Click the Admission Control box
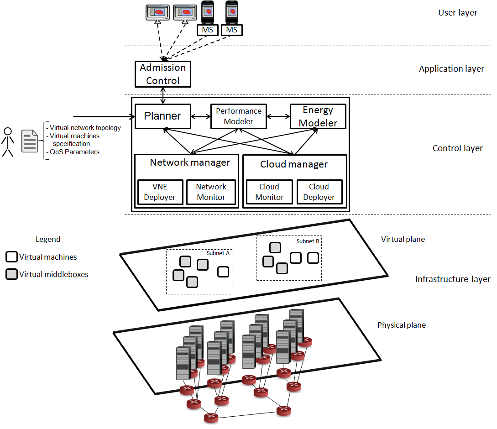tap(163, 74)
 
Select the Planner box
tap(162, 116)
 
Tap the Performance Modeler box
tap(239, 116)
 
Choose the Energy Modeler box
tap(318, 116)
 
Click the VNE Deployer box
tap(160, 192)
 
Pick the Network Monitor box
tap(211, 192)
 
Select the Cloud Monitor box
tap(269, 192)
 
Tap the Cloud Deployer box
tap(319, 192)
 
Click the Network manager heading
tap(190, 162)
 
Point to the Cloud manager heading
tap(294, 164)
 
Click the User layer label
tap(458, 13)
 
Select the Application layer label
tap(451, 69)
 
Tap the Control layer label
tap(458, 148)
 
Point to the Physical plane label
tap(402, 325)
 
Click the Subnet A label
tap(218, 253)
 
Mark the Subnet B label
tap(308, 241)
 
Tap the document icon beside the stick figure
tap(30, 141)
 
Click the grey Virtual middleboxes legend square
tap(12, 274)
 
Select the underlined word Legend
tap(48, 240)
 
